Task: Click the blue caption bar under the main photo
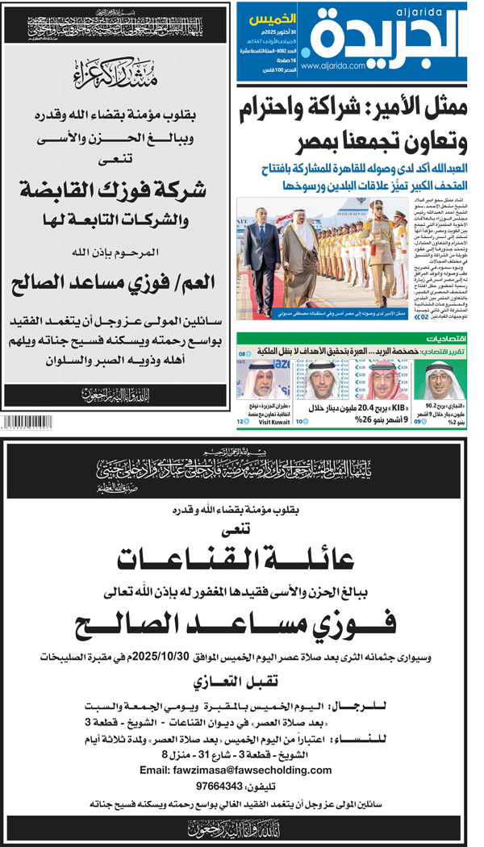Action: [x=307, y=288]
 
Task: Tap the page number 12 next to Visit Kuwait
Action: [x=240, y=421]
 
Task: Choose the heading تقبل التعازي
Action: [x=240, y=681]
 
